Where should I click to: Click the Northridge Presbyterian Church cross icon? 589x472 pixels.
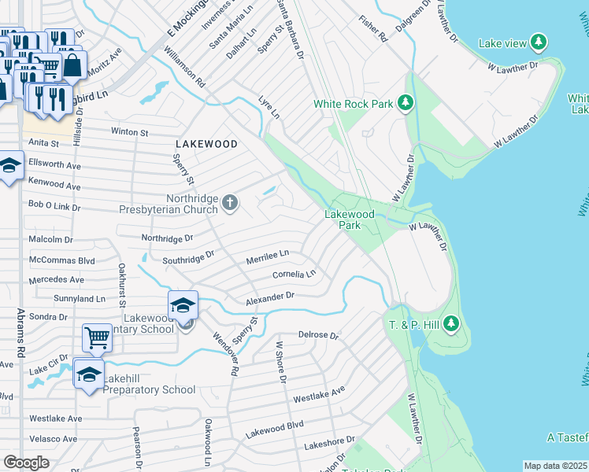click(x=230, y=204)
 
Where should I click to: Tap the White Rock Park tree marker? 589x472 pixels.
click(x=406, y=103)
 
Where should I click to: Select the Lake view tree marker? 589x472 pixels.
click(x=539, y=42)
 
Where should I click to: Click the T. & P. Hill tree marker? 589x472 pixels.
click(x=450, y=323)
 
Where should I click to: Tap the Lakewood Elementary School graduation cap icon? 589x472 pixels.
click(x=183, y=304)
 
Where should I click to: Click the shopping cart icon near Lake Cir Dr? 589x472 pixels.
click(x=97, y=338)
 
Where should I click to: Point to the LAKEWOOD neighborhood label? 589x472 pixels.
click(x=206, y=144)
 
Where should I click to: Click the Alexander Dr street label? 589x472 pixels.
click(x=269, y=299)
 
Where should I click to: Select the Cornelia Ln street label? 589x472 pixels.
click(x=294, y=275)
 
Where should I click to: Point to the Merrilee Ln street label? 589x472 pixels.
click(x=267, y=253)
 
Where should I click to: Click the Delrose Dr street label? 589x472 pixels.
click(x=318, y=335)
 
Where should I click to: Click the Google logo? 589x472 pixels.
click(x=26, y=463)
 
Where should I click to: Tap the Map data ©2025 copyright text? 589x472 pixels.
click(x=556, y=466)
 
